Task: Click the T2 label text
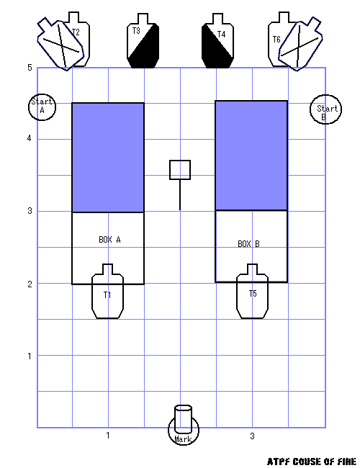(76, 32)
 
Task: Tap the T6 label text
(276, 39)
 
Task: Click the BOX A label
(109, 240)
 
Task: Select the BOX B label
(248, 244)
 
